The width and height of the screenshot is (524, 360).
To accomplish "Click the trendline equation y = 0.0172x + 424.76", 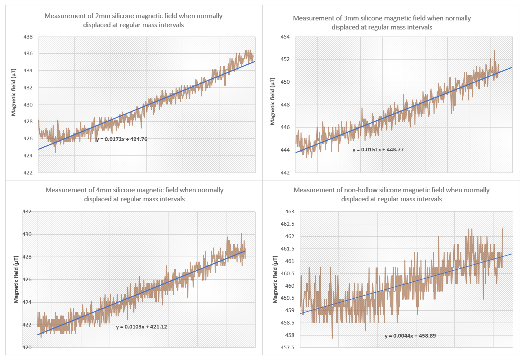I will (122, 139).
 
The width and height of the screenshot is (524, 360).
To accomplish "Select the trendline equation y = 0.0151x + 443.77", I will (378, 150).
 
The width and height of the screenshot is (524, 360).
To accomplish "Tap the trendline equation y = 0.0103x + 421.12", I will (141, 327).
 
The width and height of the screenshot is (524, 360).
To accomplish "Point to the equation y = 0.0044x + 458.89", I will (410, 336).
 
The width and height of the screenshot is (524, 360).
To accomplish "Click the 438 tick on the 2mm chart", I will (28, 37).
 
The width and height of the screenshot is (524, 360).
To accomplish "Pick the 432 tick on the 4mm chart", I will (27, 212).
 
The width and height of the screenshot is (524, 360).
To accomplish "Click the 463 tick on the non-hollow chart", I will (290, 212).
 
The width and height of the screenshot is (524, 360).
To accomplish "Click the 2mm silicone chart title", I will (133, 20).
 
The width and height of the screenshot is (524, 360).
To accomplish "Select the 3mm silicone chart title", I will (382, 23).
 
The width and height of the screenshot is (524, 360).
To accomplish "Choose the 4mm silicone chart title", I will (134, 195).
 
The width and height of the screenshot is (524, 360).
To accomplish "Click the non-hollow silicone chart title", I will (391, 195).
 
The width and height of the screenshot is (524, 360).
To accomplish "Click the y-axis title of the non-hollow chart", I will (275, 279).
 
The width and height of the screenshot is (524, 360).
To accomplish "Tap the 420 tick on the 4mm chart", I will (27, 348).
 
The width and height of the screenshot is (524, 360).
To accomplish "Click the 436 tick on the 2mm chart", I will (28, 54).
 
